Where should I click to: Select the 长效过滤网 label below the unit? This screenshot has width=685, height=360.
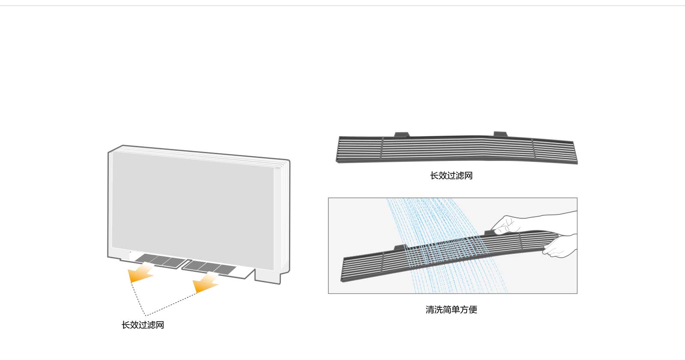point(143,325)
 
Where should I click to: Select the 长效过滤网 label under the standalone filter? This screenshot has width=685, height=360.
point(451,176)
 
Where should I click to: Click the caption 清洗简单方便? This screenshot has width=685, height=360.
point(451,309)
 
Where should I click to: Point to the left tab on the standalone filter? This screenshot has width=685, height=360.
point(402,135)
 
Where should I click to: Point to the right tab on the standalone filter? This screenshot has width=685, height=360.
point(500,134)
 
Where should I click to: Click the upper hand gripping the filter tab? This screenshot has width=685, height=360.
point(507,224)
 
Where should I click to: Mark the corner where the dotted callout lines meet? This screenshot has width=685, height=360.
point(146,315)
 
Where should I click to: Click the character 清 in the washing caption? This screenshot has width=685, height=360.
point(430,309)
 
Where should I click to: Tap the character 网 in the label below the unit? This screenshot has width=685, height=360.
point(160,325)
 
